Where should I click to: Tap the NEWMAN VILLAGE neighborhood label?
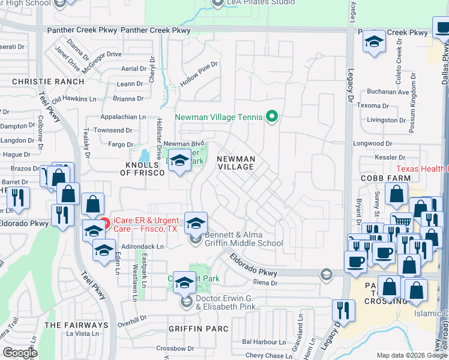pos(236,163)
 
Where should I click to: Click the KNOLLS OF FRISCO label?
pos(136,169)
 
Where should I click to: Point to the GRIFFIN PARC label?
pos(199,329)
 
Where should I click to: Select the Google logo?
pos(20,352)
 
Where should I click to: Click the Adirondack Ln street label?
pos(143,247)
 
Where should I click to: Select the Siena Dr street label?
pos(265,283)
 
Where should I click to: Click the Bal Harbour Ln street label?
pos(262,341)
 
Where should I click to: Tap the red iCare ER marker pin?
pos(106,223)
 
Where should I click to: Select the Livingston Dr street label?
pos(387,120)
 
